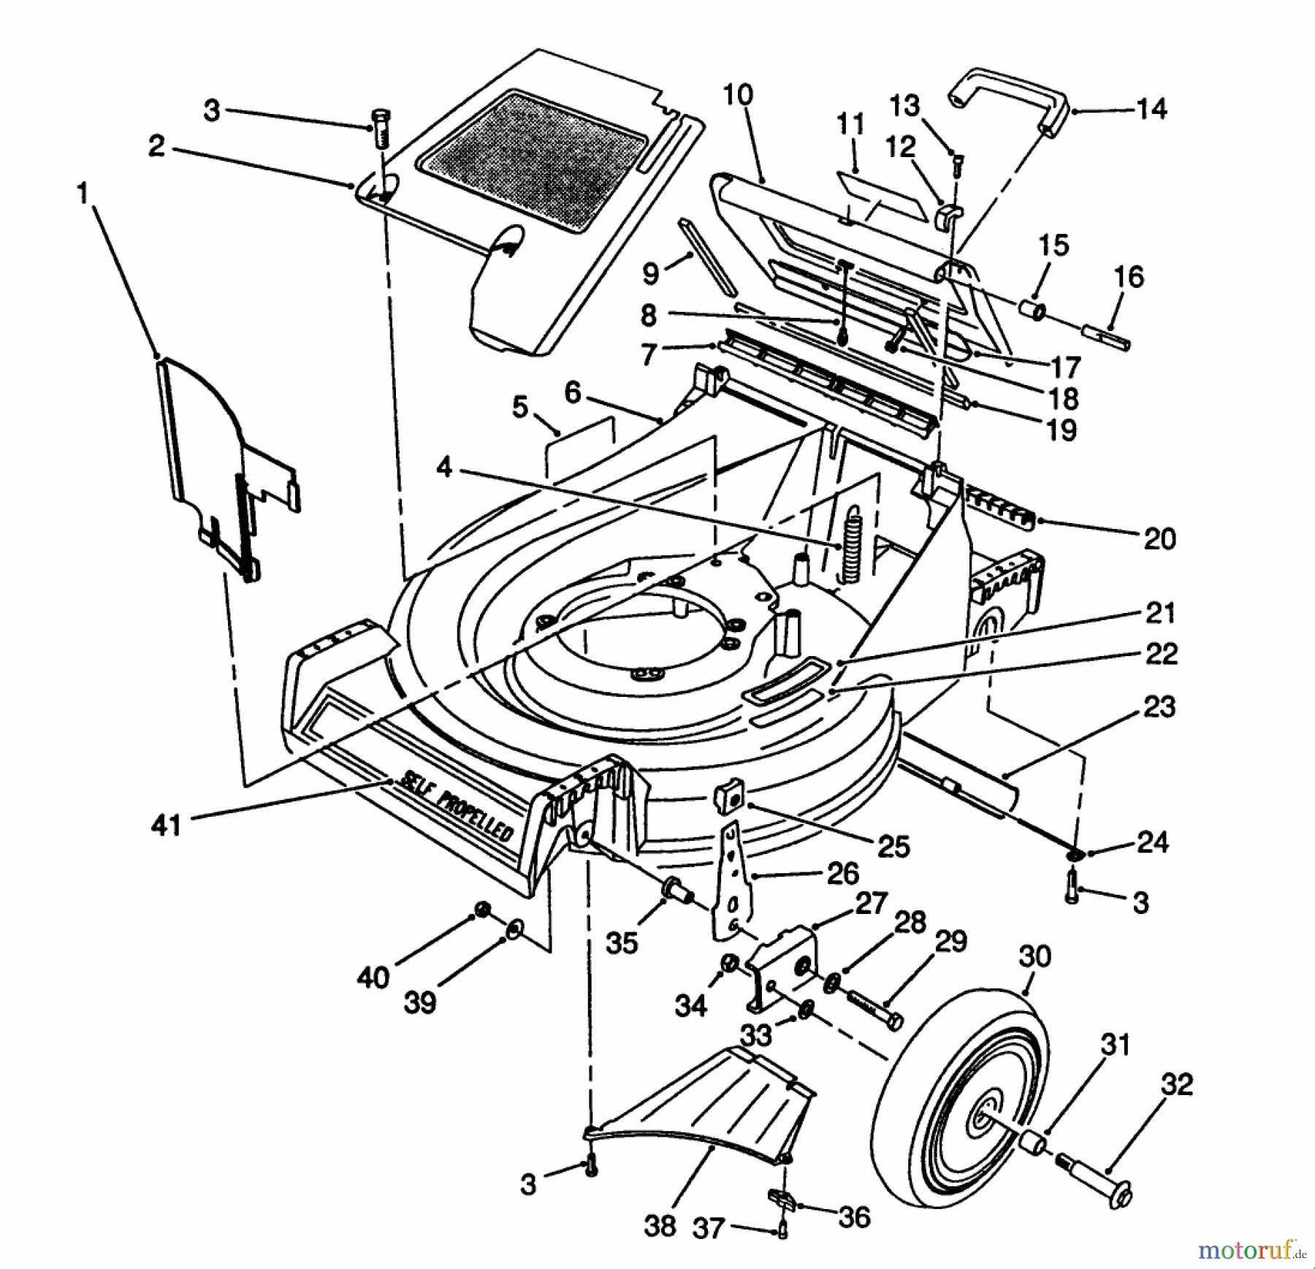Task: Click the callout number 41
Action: (166, 826)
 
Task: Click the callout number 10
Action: (738, 96)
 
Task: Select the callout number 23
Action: (1159, 707)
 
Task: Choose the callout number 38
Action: (660, 1225)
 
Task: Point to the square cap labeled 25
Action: (728, 798)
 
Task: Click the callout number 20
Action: (1159, 539)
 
